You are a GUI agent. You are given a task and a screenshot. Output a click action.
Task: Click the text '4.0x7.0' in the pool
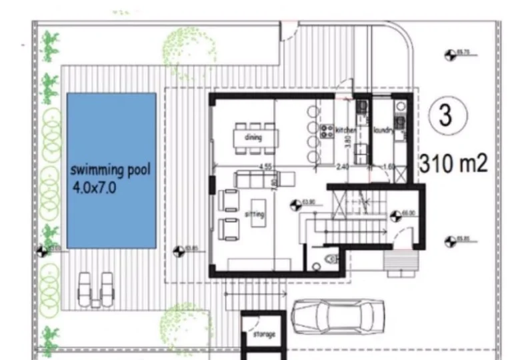click(x=95, y=188)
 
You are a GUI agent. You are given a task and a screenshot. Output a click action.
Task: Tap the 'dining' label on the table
click(x=253, y=138)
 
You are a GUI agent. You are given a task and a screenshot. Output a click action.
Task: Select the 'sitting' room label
click(x=255, y=214)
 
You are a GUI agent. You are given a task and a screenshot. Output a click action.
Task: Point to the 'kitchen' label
click(x=346, y=129)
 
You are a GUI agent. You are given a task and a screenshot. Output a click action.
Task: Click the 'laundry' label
click(x=383, y=130)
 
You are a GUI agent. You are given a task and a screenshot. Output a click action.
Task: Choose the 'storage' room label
click(x=263, y=333)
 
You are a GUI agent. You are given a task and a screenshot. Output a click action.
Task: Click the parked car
click(x=338, y=316)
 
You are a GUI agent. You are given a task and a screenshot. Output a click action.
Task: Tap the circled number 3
click(x=445, y=115)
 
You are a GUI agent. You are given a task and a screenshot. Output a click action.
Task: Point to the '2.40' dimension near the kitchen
click(x=343, y=167)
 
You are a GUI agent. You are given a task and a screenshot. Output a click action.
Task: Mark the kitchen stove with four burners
click(x=327, y=130)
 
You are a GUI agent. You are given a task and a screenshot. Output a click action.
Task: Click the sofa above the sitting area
click(x=257, y=179)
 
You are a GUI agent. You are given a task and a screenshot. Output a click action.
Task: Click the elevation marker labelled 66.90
click(x=395, y=215)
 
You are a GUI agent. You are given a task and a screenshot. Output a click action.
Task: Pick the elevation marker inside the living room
click(x=296, y=203)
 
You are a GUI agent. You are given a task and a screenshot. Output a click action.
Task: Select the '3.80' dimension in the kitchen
click(x=347, y=141)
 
